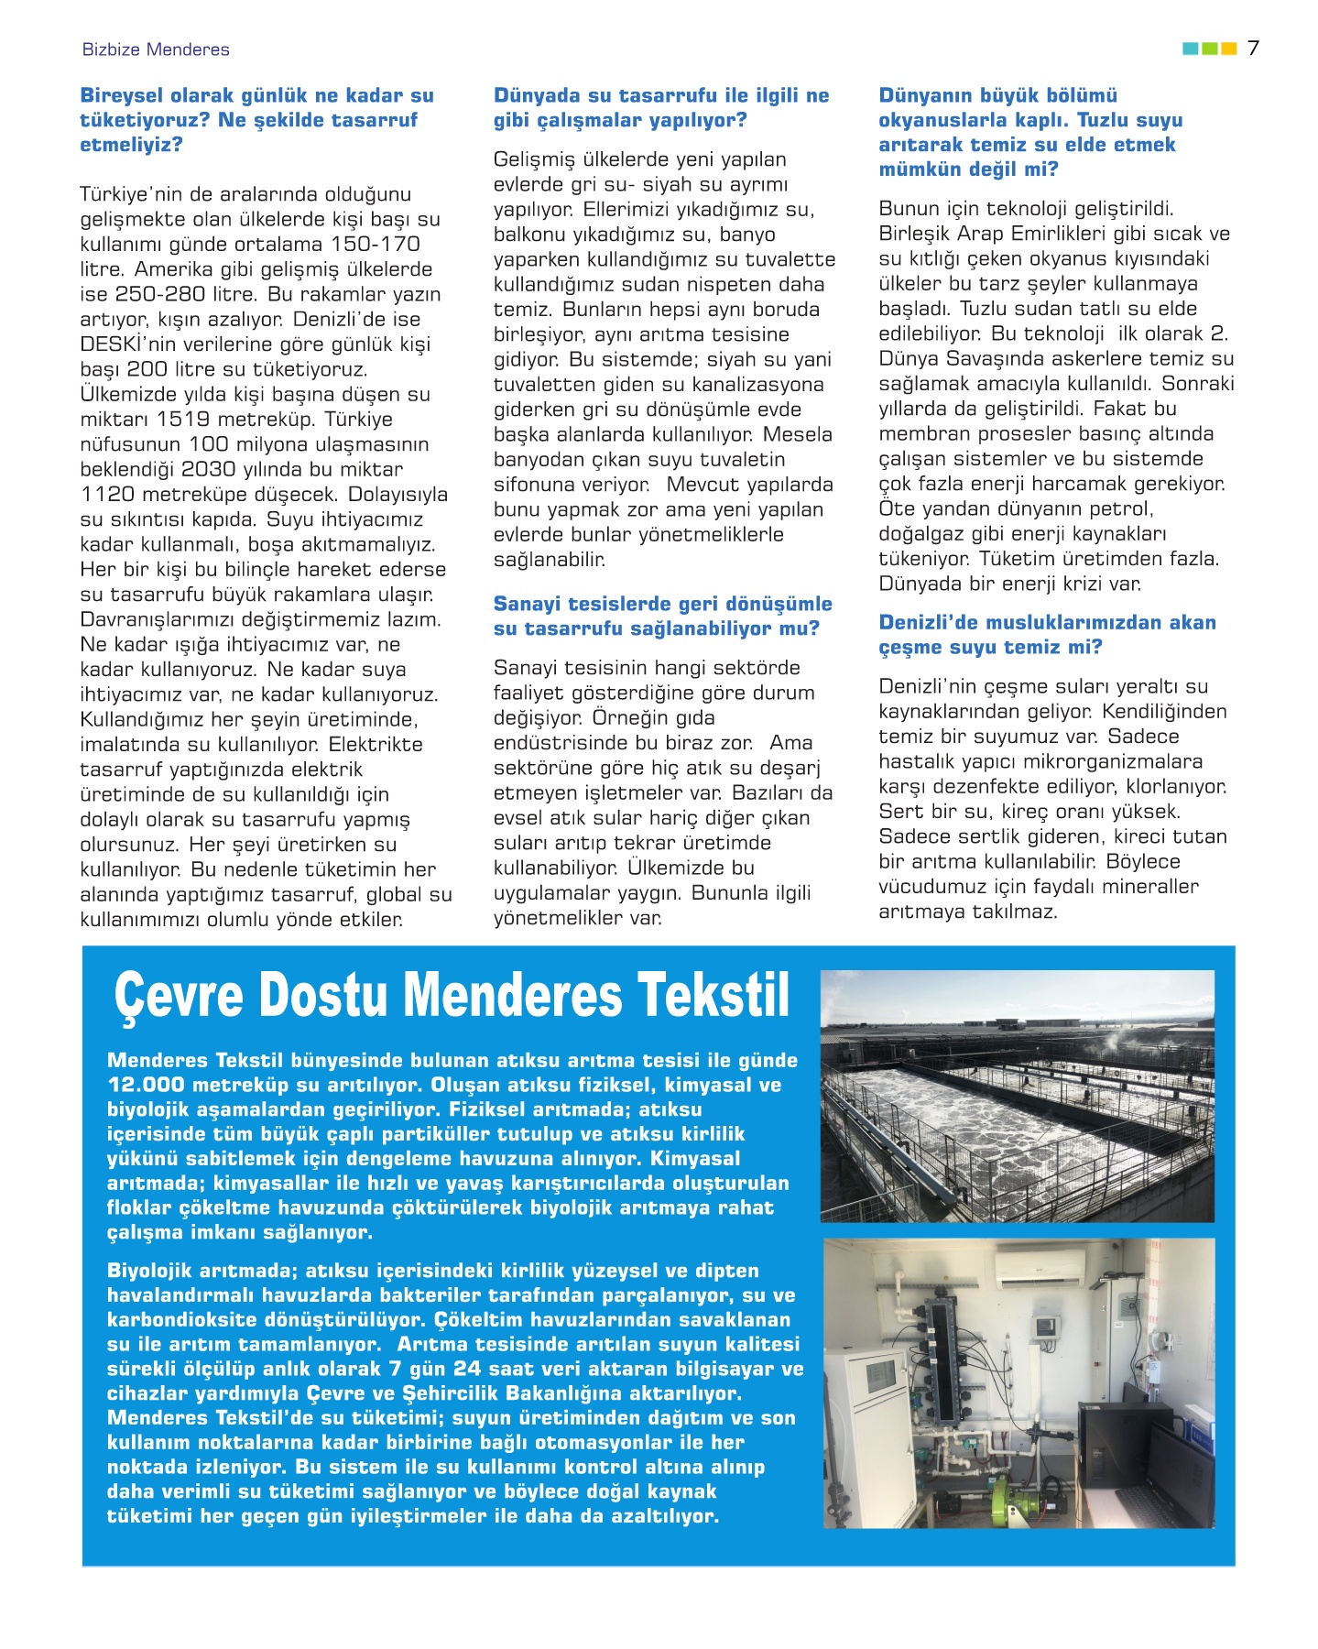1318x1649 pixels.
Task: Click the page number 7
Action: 1253,48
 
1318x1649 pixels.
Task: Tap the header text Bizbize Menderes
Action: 156,49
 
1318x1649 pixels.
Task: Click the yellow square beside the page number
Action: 1229,49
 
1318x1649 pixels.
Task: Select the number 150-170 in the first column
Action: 376,245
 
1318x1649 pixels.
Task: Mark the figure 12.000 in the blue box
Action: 146,1085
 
